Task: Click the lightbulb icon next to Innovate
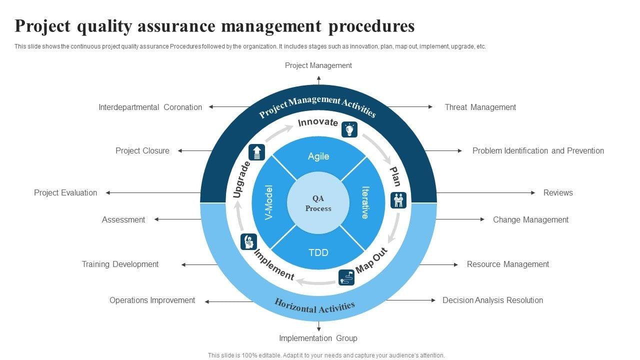(x=349, y=129)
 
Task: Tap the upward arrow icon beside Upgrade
(x=257, y=152)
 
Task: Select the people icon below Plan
(x=398, y=200)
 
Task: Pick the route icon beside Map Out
(x=346, y=277)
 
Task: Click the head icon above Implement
(x=248, y=241)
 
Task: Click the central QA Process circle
(x=318, y=203)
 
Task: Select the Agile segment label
(x=318, y=156)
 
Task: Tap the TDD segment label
(x=318, y=252)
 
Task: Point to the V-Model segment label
(x=269, y=202)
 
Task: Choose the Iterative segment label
(x=365, y=202)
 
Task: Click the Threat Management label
(x=480, y=107)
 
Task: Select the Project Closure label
(x=142, y=150)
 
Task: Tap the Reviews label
(x=558, y=192)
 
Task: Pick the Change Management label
(x=530, y=219)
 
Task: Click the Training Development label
(x=120, y=264)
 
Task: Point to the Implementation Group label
(x=318, y=338)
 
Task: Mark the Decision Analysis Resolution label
(x=492, y=300)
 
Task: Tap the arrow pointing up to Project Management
(x=318, y=79)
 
